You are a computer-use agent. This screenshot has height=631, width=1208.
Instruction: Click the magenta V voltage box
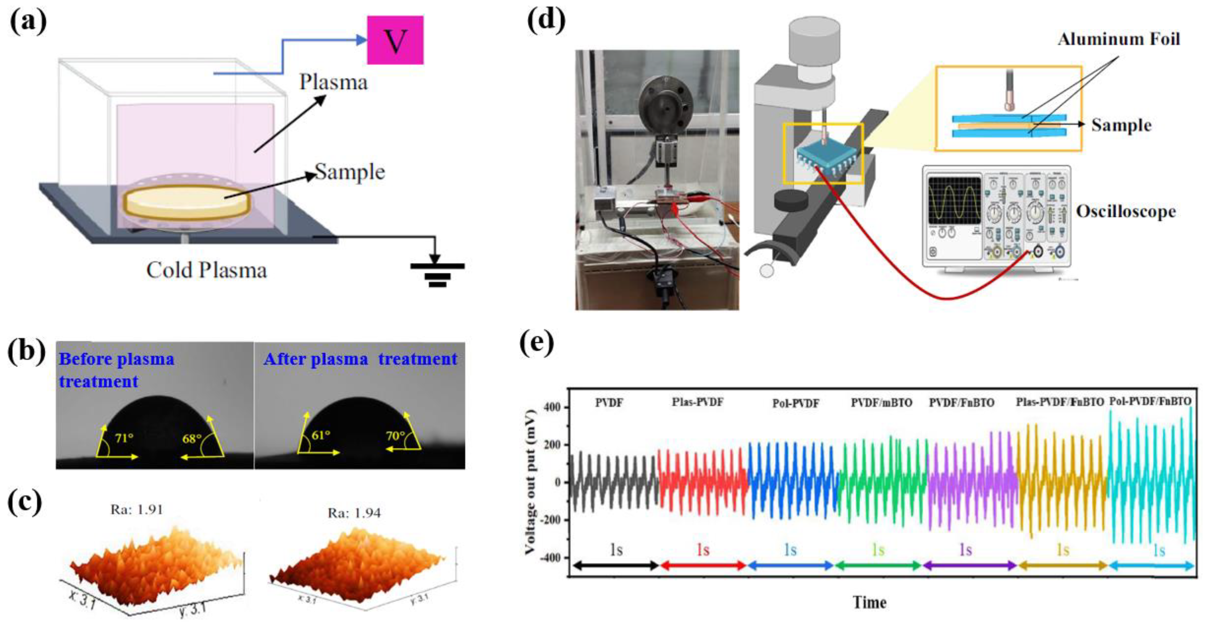(x=395, y=40)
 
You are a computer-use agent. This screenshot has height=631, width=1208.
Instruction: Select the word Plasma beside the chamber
(x=333, y=83)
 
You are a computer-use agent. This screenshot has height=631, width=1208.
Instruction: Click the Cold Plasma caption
(x=206, y=270)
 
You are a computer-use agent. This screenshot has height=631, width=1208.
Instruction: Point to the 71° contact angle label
(x=124, y=438)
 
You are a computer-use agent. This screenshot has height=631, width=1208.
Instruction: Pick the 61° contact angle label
(x=321, y=435)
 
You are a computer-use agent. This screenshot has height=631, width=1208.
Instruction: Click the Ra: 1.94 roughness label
(x=354, y=513)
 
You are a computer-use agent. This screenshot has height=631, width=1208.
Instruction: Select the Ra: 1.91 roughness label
(x=136, y=509)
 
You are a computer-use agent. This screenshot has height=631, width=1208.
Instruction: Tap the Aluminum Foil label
(x=1118, y=39)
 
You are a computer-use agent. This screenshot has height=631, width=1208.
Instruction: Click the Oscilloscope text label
(x=1125, y=211)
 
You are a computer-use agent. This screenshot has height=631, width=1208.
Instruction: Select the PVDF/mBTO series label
(x=881, y=403)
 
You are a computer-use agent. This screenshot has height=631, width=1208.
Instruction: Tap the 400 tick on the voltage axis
(x=552, y=407)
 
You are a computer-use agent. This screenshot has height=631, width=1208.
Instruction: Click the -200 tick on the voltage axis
(x=549, y=520)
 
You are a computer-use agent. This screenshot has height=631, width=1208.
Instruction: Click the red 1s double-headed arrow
(x=703, y=566)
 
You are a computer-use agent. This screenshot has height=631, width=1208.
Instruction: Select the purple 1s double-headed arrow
(x=969, y=566)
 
